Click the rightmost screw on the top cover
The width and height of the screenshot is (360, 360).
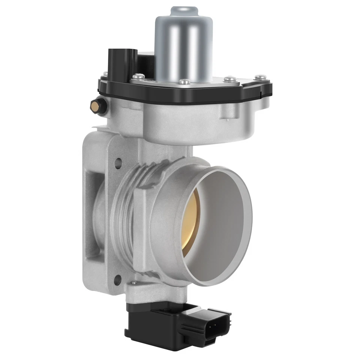click(261, 78)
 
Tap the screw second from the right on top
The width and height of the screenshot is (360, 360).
click(230, 79)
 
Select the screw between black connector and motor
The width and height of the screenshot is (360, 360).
click(139, 76)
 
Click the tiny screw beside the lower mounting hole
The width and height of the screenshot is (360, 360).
click(132, 281)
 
